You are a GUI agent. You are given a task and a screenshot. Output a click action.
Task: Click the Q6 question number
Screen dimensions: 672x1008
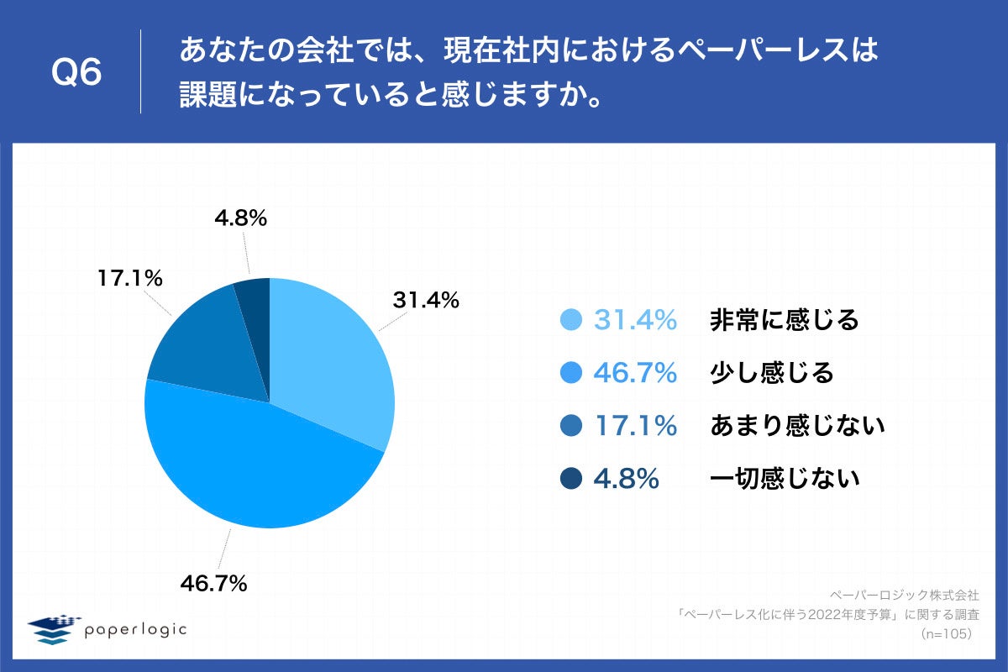point(76,73)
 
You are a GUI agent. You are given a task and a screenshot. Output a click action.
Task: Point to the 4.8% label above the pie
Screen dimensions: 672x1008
point(240,219)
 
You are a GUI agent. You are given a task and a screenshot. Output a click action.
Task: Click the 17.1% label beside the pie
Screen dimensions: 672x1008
point(129,278)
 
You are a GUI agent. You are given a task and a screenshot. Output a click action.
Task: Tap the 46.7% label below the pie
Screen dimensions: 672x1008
point(213,582)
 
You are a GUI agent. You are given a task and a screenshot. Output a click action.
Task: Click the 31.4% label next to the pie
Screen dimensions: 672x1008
point(426,299)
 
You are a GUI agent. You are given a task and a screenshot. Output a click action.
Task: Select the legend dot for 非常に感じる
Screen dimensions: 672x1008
point(571,320)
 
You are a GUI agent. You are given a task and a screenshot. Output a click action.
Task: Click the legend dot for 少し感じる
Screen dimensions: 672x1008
point(571,373)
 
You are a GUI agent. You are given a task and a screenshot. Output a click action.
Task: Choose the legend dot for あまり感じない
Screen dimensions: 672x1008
point(571,426)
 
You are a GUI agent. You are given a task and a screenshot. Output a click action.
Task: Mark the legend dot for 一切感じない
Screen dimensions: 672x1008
point(571,479)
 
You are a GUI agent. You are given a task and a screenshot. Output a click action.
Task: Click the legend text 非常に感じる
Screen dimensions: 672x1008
point(784,320)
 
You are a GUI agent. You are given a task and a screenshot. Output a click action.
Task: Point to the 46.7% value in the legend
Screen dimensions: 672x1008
point(635,373)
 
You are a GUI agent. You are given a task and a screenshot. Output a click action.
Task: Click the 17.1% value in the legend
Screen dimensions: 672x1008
point(635,426)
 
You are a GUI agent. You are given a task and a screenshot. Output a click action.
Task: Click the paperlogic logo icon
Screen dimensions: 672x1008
point(53,629)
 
